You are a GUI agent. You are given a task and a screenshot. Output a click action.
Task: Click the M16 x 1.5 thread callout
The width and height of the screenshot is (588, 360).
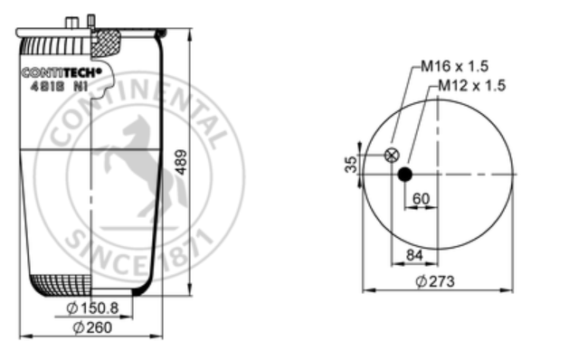[454, 66]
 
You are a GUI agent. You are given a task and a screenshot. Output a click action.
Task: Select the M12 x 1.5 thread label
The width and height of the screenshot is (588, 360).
[471, 86]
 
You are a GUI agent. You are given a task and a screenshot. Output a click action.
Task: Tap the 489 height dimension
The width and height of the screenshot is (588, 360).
[182, 162]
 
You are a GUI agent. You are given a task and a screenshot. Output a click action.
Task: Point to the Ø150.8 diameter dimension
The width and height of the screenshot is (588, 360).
[92, 308]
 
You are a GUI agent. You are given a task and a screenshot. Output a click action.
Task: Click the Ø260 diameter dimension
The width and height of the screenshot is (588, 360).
[92, 327]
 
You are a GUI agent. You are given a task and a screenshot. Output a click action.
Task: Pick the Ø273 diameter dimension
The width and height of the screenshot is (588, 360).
[435, 281]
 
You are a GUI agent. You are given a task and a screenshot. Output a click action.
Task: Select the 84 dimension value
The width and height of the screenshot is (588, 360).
[414, 255]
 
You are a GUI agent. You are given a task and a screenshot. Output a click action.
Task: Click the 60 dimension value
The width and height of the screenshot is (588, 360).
[421, 199]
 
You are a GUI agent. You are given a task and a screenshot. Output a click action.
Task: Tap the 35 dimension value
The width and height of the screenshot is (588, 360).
[351, 165]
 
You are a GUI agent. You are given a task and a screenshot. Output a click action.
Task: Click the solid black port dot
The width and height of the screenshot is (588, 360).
[405, 175]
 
